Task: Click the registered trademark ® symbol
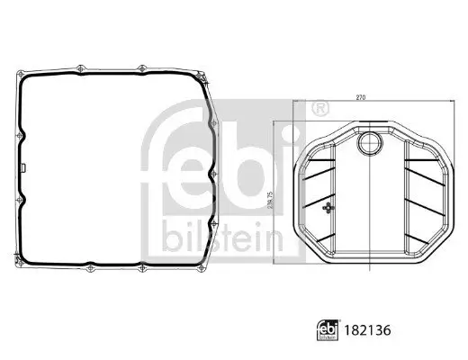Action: (x=318, y=109)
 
